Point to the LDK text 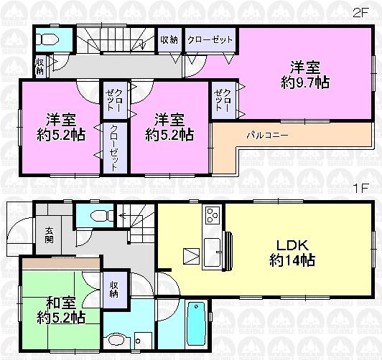[287, 245]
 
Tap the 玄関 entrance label [50, 236]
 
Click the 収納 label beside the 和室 [113, 290]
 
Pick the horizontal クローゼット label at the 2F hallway [210, 40]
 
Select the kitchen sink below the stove [213, 252]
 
